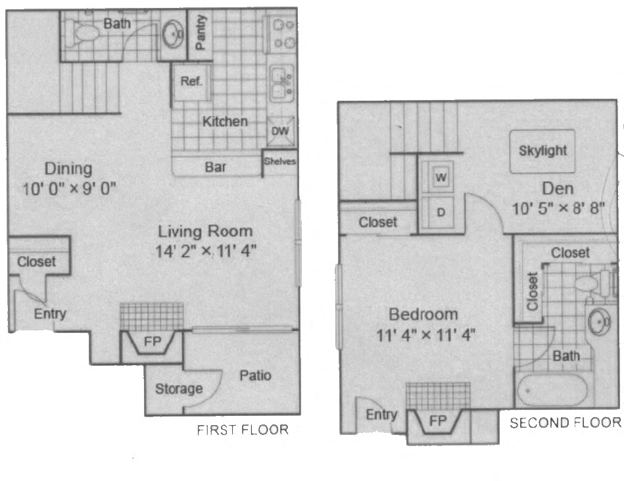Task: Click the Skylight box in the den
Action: point(542,151)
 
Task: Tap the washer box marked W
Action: point(441,177)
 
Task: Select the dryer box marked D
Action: point(441,212)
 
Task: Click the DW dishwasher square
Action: point(280,130)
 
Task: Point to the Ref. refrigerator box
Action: point(191,82)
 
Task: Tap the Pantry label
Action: point(201,33)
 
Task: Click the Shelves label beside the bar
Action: point(280,161)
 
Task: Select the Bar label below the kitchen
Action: point(216,167)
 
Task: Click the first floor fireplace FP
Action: point(152,343)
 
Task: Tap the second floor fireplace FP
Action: point(437,421)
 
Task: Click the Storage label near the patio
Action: point(179,389)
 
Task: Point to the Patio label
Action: point(254,376)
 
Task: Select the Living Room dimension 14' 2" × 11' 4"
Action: point(205,250)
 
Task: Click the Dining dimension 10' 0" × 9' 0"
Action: point(68,189)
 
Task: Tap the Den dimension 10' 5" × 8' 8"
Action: point(558,209)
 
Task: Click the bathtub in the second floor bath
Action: point(551,391)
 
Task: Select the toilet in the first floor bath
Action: point(84,30)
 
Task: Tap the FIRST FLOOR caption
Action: point(243,430)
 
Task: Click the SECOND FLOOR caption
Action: point(565,422)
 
